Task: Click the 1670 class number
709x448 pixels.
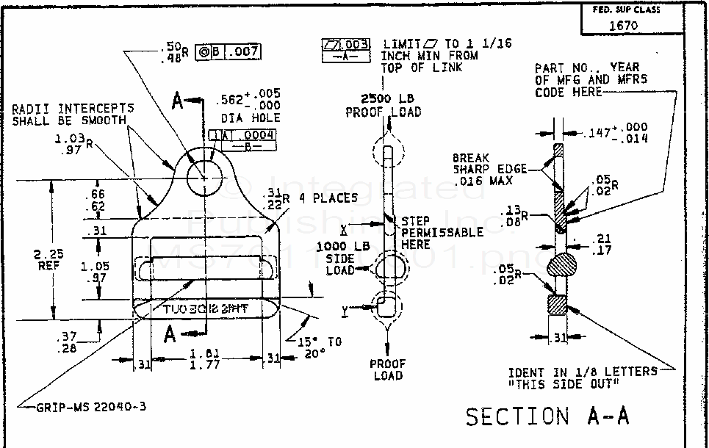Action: tap(623, 25)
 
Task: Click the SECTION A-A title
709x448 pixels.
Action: tap(547, 416)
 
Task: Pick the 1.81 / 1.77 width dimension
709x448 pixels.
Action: tap(198, 358)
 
